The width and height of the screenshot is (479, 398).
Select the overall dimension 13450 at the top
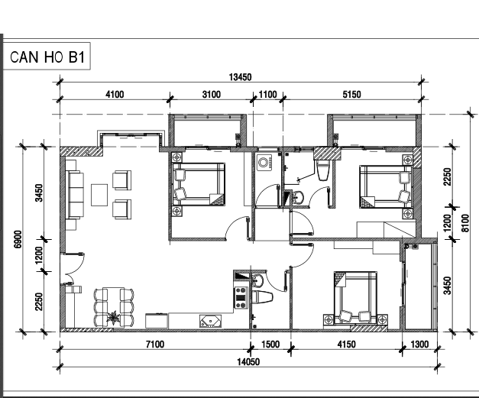(241, 76)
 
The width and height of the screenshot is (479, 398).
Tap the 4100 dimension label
(115, 95)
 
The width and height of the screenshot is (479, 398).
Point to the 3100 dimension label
(211, 95)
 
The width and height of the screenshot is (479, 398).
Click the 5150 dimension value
(351, 95)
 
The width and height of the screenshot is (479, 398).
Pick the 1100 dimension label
(268, 95)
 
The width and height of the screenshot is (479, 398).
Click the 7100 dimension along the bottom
(155, 345)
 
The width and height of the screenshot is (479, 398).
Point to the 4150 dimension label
(346, 345)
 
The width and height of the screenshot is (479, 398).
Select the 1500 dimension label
(270, 345)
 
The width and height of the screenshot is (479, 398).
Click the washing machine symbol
(266, 162)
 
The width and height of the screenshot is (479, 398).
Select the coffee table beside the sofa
(100, 195)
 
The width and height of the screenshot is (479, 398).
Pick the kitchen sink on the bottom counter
(208, 322)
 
